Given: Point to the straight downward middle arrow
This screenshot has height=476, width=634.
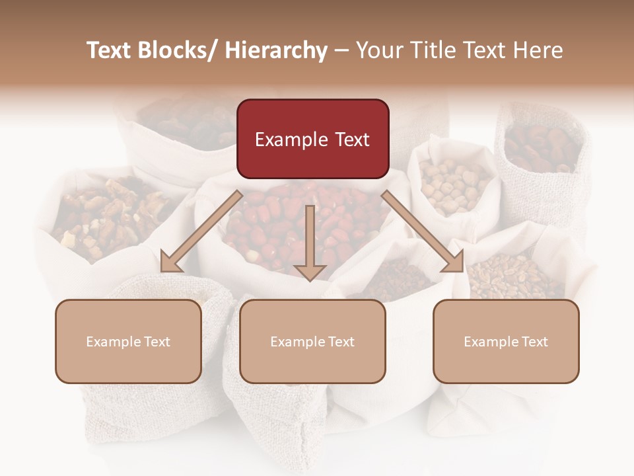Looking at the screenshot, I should [x=310, y=238].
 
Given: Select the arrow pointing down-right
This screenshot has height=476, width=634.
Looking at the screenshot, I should [x=423, y=232].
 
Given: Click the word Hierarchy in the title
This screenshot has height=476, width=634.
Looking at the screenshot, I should [x=276, y=50].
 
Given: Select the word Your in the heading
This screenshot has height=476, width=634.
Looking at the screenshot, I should [x=378, y=50].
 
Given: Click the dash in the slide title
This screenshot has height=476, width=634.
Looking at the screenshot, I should [x=341, y=51].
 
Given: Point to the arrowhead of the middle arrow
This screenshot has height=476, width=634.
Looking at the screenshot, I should [x=310, y=271].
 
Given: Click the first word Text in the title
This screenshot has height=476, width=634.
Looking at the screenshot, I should [x=108, y=50].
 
